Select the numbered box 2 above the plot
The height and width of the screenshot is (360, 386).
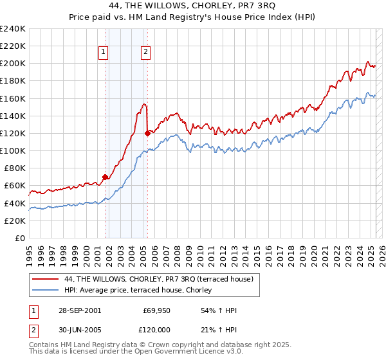click(x=146, y=53)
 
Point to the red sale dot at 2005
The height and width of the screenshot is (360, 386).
click(x=147, y=133)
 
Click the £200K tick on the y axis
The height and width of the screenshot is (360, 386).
click(x=13, y=64)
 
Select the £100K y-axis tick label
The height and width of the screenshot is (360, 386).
click(x=13, y=150)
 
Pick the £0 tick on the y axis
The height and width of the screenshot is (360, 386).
click(x=19, y=238)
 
